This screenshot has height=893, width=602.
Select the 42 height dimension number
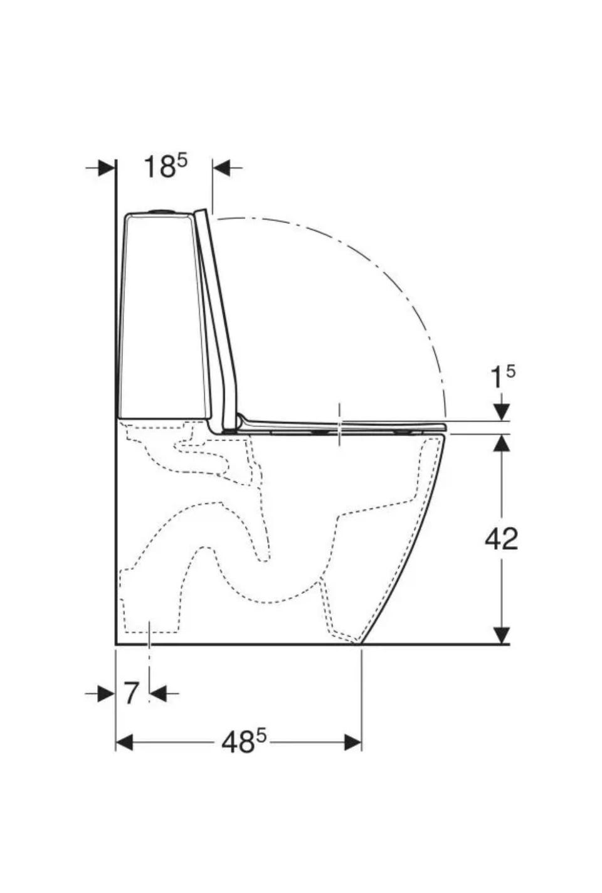(x=501, y=539)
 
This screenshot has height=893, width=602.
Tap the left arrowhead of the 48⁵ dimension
(x=124, y=742)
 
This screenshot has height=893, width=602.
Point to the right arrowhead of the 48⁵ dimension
(x=353, y=742)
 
